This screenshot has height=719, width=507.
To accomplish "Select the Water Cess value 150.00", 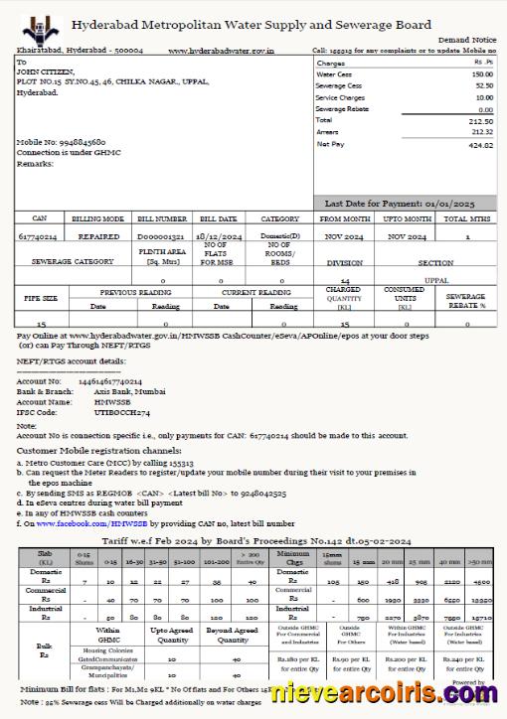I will point(481,74).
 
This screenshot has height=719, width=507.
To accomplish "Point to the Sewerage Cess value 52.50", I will point(482,86).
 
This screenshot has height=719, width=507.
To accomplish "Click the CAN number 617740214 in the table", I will point(39,237).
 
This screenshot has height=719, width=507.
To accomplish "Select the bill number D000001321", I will point(162,237).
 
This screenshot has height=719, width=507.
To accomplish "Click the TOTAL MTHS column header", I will point(467,218).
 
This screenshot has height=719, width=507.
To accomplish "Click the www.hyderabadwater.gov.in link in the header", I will point(221,49).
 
